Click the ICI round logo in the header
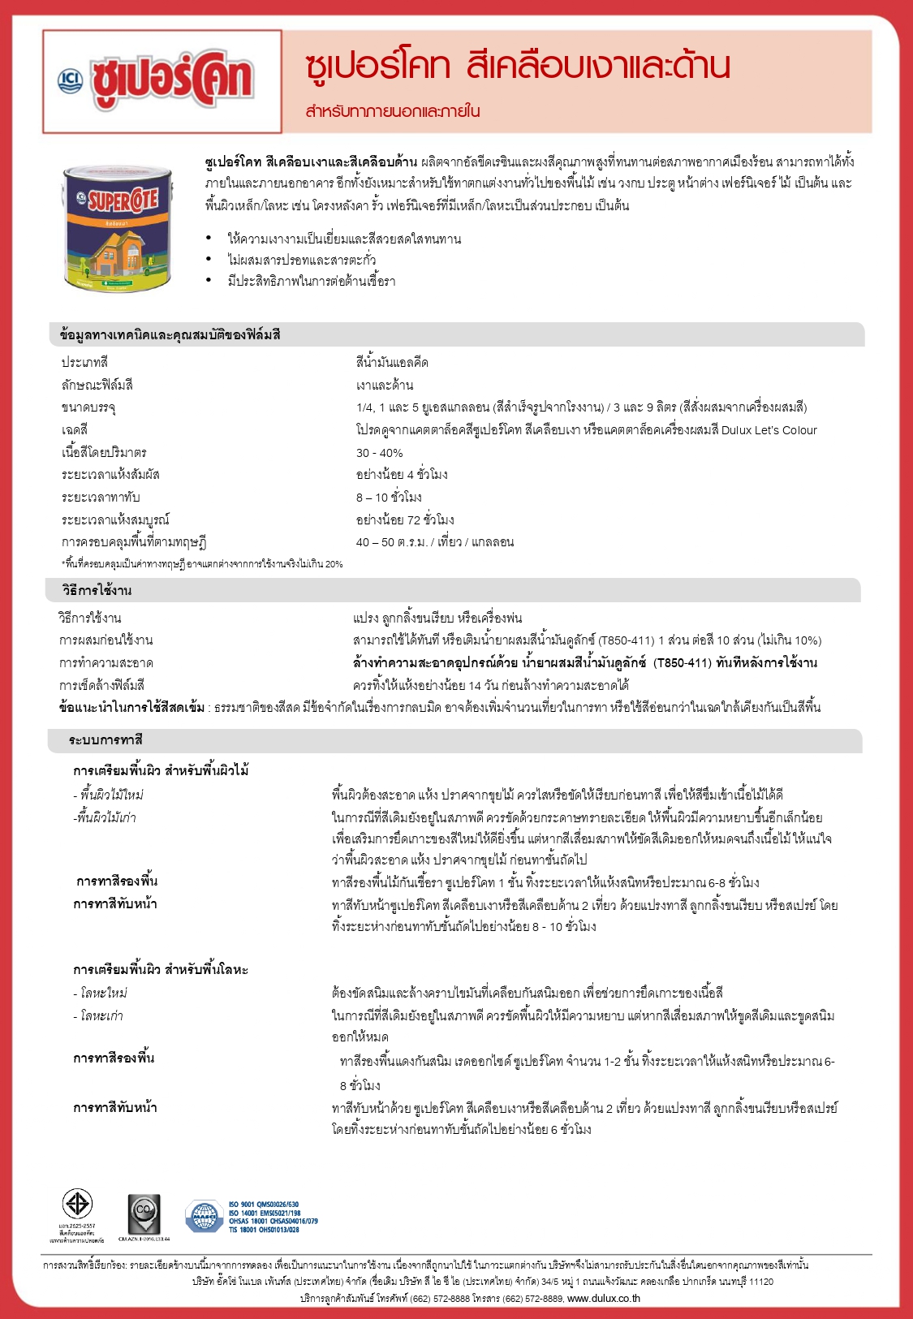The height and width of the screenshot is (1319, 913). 71,80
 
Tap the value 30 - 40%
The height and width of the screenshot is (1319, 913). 379,453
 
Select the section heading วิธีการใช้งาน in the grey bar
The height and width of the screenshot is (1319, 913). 97,590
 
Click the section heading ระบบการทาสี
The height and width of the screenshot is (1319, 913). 106,740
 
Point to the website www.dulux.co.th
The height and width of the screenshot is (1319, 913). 603,1298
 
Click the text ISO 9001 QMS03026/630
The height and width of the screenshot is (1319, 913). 264,1205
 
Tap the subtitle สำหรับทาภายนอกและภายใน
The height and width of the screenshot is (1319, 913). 393,111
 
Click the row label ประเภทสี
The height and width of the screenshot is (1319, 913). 84,362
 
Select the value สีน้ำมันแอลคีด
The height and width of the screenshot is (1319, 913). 392,362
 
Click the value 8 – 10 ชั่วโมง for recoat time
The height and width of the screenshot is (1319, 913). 389,498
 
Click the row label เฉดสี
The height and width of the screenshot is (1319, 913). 75,430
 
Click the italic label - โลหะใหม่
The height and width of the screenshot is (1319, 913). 101,993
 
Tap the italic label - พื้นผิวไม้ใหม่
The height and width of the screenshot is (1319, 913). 109,795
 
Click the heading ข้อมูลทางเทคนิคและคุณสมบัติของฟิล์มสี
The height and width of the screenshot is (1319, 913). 170,334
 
